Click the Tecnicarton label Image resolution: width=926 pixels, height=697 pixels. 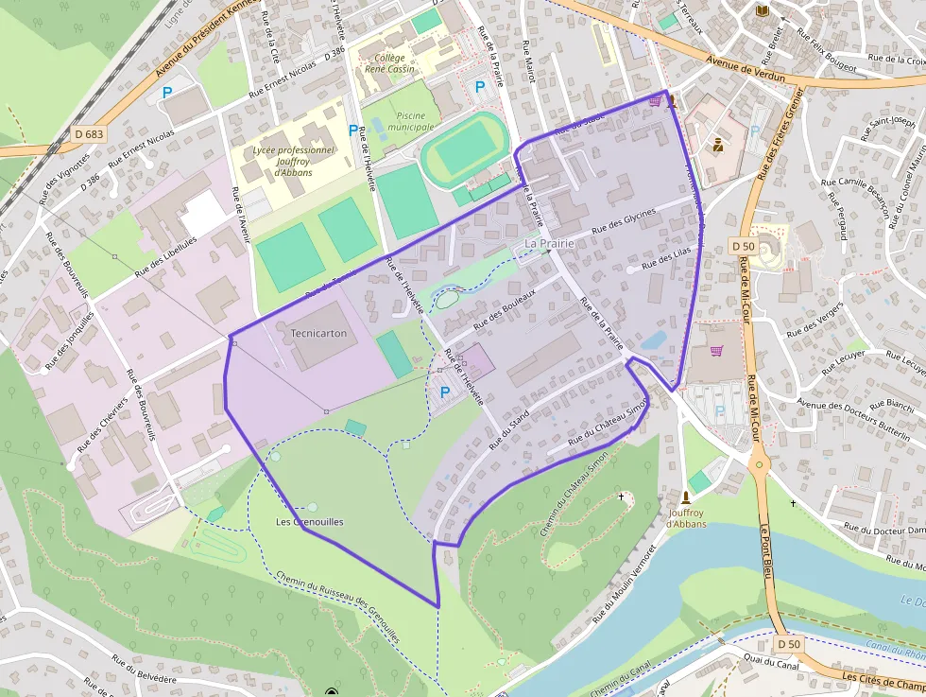tap(318, 334)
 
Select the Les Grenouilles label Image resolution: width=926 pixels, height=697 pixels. tap(309, 522)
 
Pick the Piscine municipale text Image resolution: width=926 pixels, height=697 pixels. tap(410, 121)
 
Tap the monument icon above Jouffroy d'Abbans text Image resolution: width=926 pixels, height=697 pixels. tap(687, 497)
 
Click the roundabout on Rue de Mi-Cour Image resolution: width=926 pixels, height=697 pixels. tap(758, 465)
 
